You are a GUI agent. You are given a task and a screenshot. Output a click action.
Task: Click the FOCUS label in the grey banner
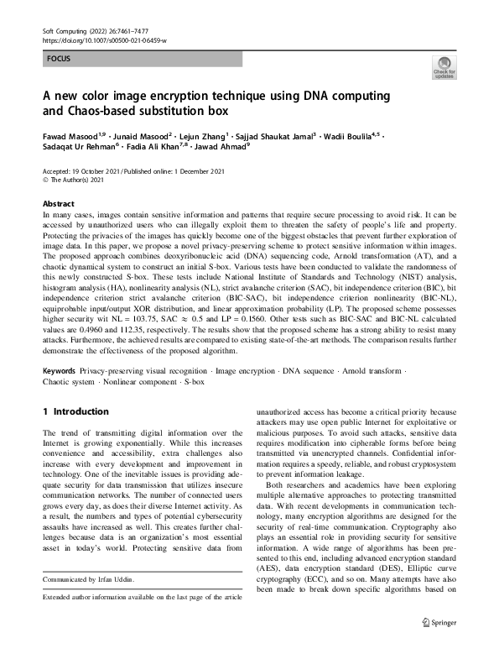coord(59,60)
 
